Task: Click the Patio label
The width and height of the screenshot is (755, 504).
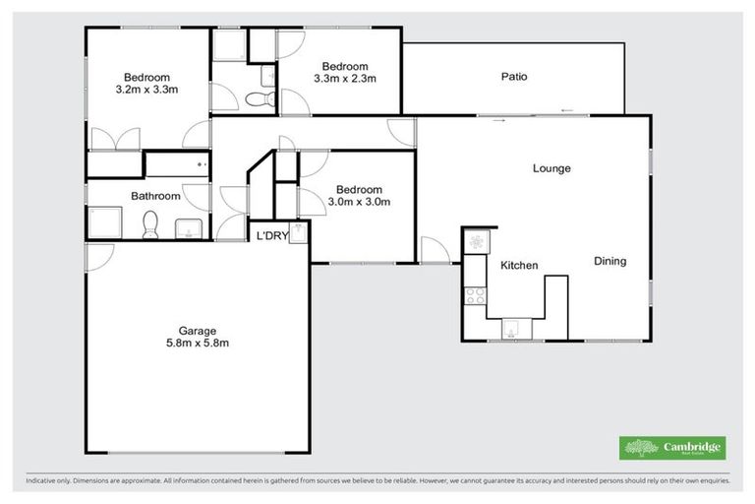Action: pyautogui.click(x=515, y=76)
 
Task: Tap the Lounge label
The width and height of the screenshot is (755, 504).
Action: pyautogui.click(x=552, y=168)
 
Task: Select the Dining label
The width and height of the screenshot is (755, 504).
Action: pyautogui.click(x=610, y=261)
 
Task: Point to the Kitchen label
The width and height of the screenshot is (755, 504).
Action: pyautogui.click(x=519, y=266)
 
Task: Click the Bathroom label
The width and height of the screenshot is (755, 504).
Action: pyautogui.click(x=155, y=196)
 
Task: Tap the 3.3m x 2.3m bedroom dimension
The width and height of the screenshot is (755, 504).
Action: pyautogui.click(x=346, y=78)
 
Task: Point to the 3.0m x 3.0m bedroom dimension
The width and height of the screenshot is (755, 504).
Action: pyautogui.click(x=360, y=203)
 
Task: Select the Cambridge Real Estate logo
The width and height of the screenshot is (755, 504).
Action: pyautogui.click(x=672, y=448)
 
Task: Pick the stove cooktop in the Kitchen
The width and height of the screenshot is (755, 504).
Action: pyautogui.click(x=476, y=291)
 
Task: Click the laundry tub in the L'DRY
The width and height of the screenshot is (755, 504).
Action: pyautogui.click(x=298, y=232)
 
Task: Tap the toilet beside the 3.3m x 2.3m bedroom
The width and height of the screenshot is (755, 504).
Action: pyautogui.click(x=259, y=98)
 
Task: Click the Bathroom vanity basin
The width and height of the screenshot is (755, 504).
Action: pyautogui.click(x=187, y=229)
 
